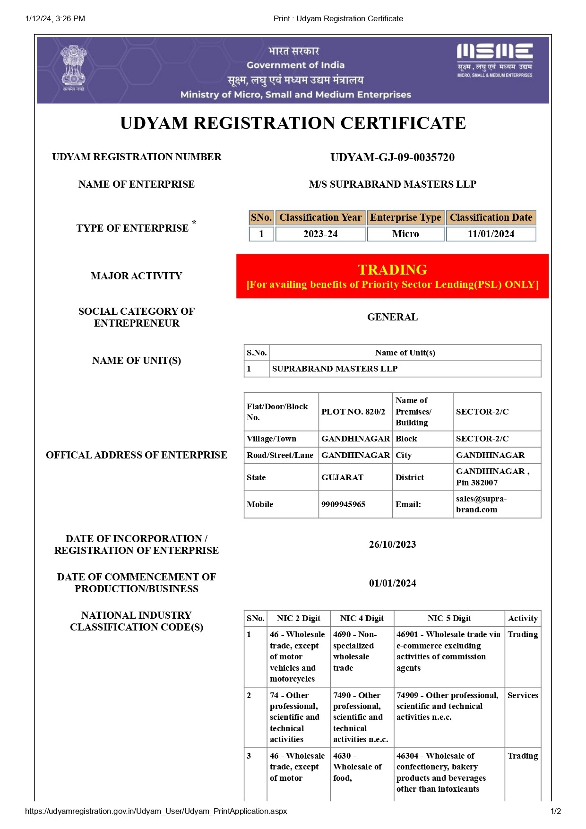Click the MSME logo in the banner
pyautogui.click(x=494, y=60)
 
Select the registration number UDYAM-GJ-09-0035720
pyautogui.click(x=392, y=157)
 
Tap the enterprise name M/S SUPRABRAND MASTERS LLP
pyautogui.click(x=392, y=184)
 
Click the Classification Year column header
pyautogui.click(x=320, y=217)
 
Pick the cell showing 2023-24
pyautogui.click(x=320, y=234)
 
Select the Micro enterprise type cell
pyautogui.click(x=405, y=234)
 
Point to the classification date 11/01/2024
pyautogui.click(x=491, y=234)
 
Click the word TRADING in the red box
pyautogui.click(x=392, y=269)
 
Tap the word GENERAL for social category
pyautogui.click(x=392, y=317)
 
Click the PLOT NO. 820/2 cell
pyautogui.click(x=353, y=412)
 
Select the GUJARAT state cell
pyautogui.click(x=343, y=477)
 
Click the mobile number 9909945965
pyautogui.click(x=344, y=504)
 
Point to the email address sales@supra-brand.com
pyautogui.click(x=481, y=504)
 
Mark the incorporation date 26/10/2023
pyautogui.click(x=392, y=544)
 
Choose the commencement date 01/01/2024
pyautogui.click(x=392, y=583)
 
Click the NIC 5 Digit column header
pyautogui.click(x=449, y=618)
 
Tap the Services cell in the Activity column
pyautogui.click(x=523, y=695)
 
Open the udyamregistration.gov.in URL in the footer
pyautogui.click(x=156, y=811)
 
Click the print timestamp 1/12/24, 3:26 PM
pyautogui.click(x=55, y=18)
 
